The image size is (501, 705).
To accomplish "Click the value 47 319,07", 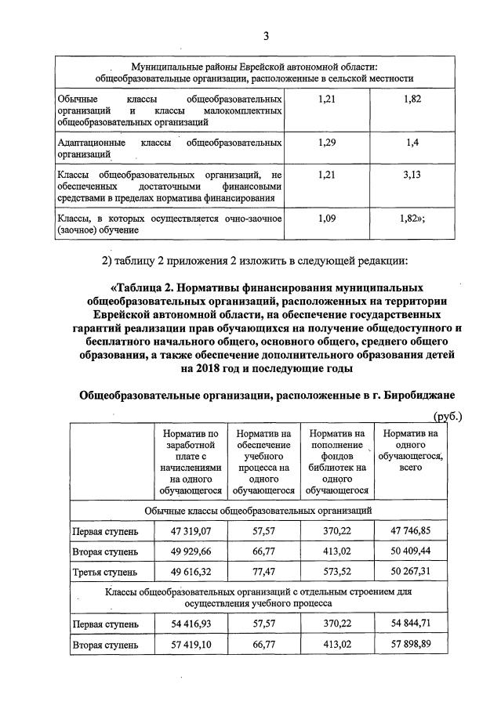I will coord(191,531).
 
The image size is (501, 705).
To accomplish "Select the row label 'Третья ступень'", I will coord(105,572).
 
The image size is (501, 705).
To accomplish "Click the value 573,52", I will coord(337,572).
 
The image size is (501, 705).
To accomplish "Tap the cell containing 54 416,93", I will coord(191,625).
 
